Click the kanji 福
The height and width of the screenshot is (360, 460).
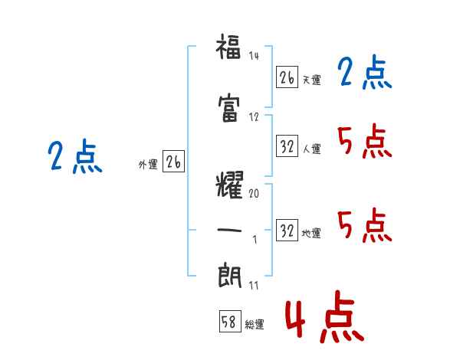[x=228, y=47]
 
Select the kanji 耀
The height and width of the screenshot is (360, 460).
[x=229, y=185]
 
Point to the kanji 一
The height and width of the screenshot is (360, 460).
[x=229, y=230]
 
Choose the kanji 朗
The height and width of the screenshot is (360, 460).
[x=229, y=276]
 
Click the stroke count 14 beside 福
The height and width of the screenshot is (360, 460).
[x=254, y=55]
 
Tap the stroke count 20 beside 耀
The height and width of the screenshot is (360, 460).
[x=254, y=193]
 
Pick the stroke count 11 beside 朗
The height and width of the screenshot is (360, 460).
[x=254, y=285]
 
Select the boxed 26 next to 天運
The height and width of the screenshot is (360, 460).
[x=287, y=77]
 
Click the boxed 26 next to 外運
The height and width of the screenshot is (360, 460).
[x=173, y=162]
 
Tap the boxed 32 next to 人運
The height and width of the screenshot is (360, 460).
[x=287, y=146]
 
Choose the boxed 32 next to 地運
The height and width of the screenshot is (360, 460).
[x=287, y=230]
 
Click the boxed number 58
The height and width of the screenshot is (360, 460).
[x=230, y=322]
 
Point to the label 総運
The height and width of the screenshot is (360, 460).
[x=255, y=325]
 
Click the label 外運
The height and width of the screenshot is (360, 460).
[x=148, y=165]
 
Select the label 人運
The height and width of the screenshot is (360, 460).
[x=312, y=149]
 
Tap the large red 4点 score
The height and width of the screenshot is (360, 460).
[x=324, y=316]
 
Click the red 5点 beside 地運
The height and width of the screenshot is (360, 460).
[x=364, y=225]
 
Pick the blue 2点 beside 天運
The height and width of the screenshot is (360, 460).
[x=364, y=72]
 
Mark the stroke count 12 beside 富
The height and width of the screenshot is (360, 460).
[x=254, y=117]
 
